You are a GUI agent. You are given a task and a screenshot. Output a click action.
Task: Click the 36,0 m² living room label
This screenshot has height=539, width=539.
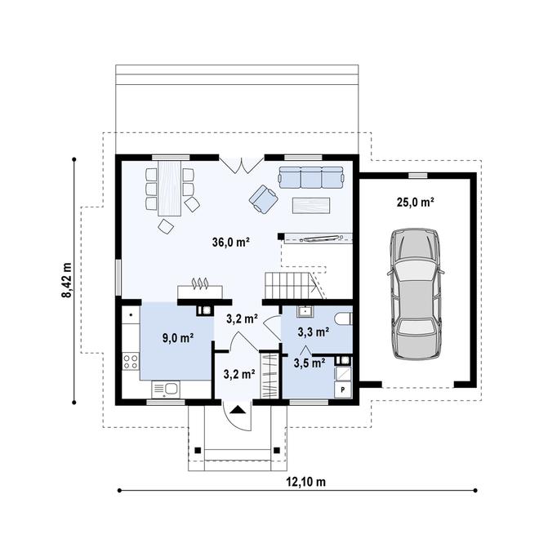click(230, 242)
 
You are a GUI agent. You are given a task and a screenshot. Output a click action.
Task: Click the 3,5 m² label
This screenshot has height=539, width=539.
click(310, 363)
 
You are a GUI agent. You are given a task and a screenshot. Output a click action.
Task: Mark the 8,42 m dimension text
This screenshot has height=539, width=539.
click(66, 280)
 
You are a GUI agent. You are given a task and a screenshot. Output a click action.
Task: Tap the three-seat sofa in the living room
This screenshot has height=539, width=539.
click(310, 177)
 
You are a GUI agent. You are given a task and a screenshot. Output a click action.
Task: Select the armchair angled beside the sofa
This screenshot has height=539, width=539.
click(262, 198)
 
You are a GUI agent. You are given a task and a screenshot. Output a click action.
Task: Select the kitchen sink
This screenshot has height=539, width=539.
click(170, 389)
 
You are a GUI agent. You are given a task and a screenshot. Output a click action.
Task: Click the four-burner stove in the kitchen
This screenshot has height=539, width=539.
click(130, 360)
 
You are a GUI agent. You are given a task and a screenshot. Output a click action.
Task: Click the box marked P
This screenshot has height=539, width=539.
click(343, 390)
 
